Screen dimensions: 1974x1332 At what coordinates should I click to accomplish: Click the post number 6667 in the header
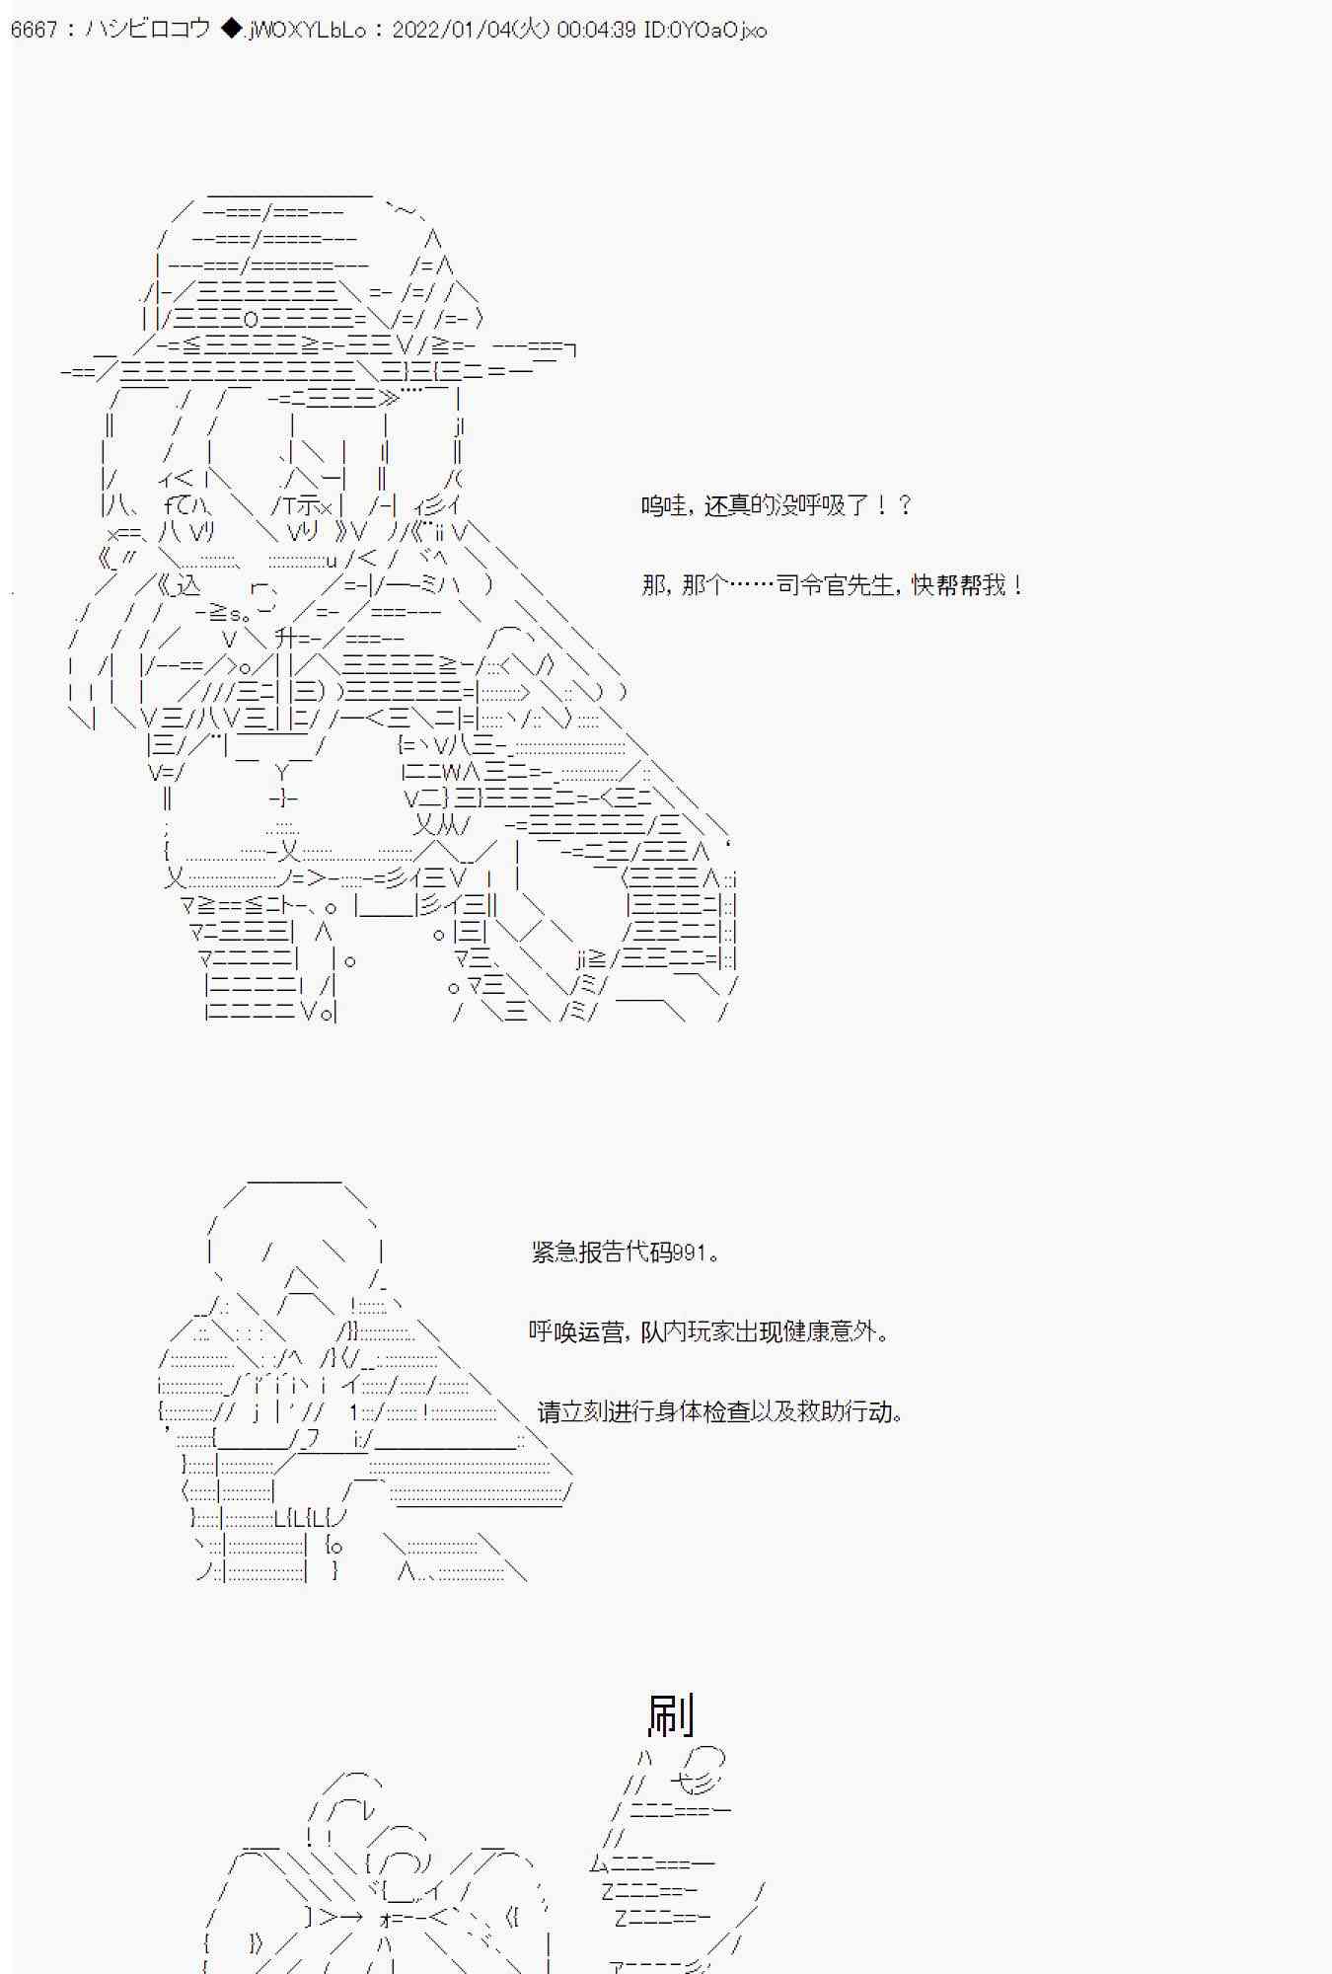(x=34, y=30)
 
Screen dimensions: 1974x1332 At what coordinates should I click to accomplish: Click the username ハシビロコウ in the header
(x=147, y=30)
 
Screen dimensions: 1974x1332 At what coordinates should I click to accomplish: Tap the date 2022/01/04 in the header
(x=454, y=30)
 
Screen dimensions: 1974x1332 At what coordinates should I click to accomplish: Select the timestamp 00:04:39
(x=596, y=30)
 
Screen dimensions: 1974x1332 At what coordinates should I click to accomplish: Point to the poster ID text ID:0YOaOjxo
(x=704, y=30)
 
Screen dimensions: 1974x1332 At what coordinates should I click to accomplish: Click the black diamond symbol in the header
(x=230, y=30)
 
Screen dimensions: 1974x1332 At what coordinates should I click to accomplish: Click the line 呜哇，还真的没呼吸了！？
(x=777, y=506)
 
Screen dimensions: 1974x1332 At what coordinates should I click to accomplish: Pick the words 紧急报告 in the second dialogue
(x=566, y=1253)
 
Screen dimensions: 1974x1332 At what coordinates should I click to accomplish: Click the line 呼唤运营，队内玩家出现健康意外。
(x=709, y=1331)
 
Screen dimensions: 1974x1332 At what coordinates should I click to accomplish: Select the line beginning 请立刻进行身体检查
(x=720, y=1411)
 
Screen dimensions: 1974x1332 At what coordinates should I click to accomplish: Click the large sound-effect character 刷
(x=671, y=1715)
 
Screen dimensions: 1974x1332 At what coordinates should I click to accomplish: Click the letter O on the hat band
(x=251, y=319)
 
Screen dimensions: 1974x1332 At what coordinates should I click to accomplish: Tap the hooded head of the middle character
(x=296, y=1234)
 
